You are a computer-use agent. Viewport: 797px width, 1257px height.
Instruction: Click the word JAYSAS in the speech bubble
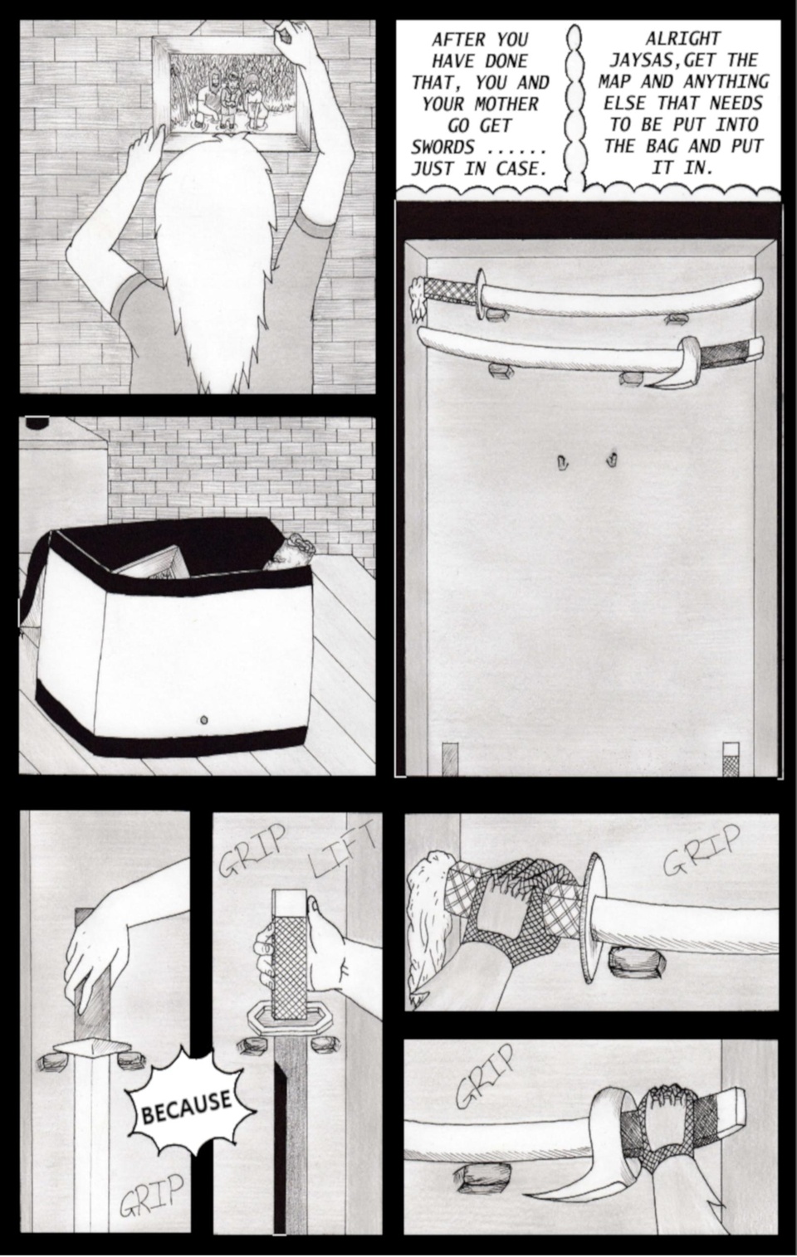635,61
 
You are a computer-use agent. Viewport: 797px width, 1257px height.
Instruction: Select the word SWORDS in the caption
443,148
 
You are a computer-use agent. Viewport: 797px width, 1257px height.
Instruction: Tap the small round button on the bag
204,719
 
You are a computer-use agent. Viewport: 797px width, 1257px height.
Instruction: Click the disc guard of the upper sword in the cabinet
480,294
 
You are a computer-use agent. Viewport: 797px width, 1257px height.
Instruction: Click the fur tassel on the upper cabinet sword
418,299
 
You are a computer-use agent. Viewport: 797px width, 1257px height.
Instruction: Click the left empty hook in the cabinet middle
561,461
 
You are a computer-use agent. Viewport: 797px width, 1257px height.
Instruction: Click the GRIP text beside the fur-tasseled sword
701,850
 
